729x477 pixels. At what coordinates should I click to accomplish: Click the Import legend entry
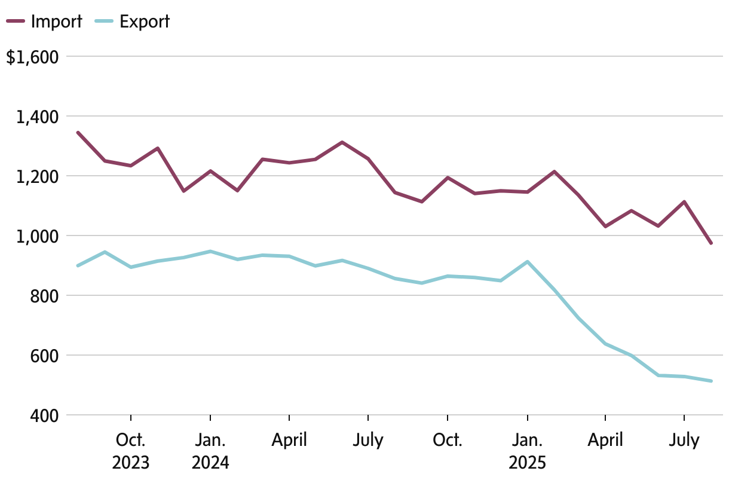45,22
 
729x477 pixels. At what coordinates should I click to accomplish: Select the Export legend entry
133,22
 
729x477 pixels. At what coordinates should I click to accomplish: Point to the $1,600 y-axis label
32,57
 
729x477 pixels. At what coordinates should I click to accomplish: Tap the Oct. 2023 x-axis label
130,451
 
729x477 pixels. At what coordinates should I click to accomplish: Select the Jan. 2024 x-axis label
210,451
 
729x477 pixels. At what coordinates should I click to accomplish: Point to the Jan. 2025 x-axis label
527,451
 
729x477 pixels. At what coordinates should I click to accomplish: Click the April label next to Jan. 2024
289,441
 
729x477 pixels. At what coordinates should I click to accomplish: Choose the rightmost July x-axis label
684,441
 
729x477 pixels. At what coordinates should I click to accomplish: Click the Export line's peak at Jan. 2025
527,262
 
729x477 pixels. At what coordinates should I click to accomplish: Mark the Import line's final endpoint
711,243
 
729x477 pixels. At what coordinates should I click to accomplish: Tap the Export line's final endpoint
711,381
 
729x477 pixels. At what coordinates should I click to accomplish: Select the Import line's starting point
78,132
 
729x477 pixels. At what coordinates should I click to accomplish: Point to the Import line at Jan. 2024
210,171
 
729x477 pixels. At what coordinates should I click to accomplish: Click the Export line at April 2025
606,344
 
